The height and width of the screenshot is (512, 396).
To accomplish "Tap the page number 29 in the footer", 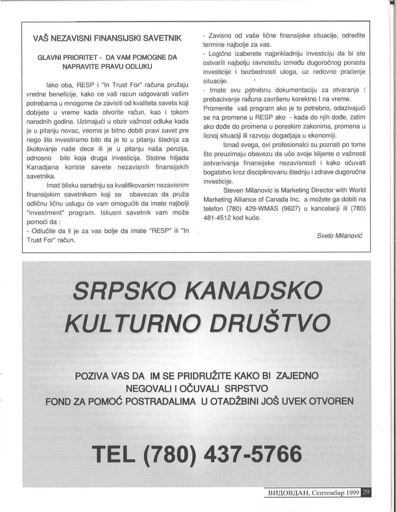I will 366,493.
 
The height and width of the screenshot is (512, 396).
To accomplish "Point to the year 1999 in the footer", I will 350,493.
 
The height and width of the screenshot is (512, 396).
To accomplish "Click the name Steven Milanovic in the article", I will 249,190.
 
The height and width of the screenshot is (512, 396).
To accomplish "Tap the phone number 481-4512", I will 217,218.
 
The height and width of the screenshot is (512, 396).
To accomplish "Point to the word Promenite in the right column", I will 218,108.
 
